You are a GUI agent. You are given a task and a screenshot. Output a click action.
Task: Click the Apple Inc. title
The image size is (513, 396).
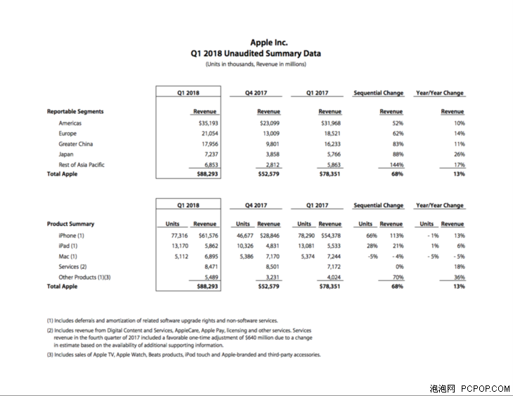[x=268, y=43]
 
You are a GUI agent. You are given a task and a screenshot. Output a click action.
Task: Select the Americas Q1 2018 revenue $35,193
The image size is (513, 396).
[x=205, y=124]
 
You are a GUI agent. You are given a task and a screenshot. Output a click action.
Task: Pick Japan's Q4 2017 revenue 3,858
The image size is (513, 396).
[x=271, y=154]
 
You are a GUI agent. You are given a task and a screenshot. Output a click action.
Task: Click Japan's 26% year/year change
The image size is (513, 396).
[x=459, y=154]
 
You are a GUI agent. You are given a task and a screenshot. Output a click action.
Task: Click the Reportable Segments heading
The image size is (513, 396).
[x=75, y=112]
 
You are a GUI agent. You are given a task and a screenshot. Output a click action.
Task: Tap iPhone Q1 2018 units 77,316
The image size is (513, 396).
[x=169, y=236]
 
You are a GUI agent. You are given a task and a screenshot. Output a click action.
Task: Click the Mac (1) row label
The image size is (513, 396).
[x=68, y=256]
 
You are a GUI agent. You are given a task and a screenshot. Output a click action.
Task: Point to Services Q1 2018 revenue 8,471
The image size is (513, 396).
[x=209, y=267]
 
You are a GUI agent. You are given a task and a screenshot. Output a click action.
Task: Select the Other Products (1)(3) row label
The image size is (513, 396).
[x=85, y=277]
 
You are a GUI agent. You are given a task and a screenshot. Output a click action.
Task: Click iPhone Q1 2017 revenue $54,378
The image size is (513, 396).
[x=330, y=236]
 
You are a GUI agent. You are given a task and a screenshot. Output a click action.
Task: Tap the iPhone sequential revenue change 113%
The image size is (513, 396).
[x=396, y=236]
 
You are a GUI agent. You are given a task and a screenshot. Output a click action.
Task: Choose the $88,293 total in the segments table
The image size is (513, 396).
[x=205, y=174]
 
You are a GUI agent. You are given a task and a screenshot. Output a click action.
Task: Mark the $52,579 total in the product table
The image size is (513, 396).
[x=268, y=286]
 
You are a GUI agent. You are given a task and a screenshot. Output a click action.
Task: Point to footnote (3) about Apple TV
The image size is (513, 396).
[x=184, y=355]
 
